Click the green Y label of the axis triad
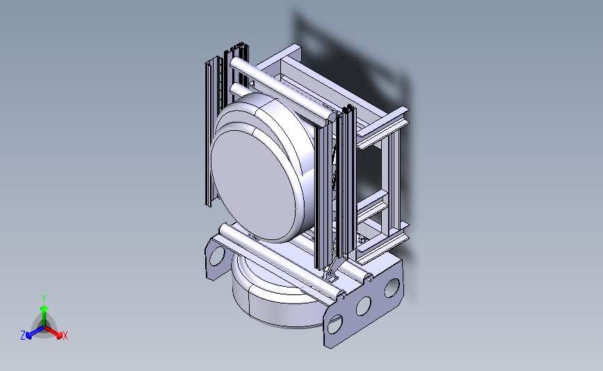pyautogui.click(x=43, y=299)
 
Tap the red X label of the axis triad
pyautogui.click(x=65, y=336)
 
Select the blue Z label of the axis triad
pyautogui.click(x=23, y=336)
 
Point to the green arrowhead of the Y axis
pyautogui.click(x=44, y=308)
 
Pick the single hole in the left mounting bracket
pyautogui.click(x=217, y=256)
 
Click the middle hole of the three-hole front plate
pyautogui.click(x=363, y=306)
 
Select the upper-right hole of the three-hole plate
pyautogui.click(x=392, y=288)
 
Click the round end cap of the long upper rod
pyautogui.click(x=331, y=116)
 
